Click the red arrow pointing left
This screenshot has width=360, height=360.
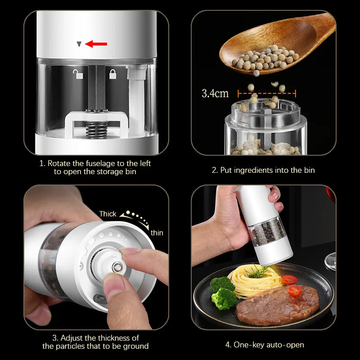[x=96, y=44]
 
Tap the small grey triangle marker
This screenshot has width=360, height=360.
[x=79, y=44]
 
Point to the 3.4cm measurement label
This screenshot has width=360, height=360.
[x=215, y=94]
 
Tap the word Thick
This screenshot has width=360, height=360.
[x=108, y=214]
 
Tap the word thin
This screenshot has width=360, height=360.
[x=157, y=233]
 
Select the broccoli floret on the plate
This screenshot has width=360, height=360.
[x=223, y=292]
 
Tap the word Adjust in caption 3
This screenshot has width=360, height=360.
[x=72, y=337]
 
